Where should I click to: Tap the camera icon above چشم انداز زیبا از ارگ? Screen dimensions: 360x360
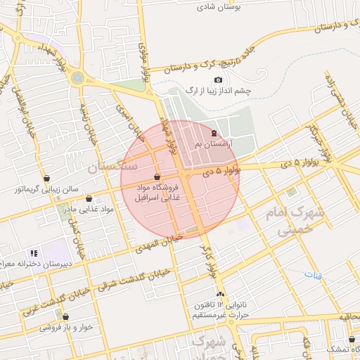pyautogui.click(x=218, y=80)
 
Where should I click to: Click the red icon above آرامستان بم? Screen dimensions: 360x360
pyautogui.click(x=214, y=133)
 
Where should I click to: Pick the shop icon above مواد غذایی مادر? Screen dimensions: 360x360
pyautogui.click(x=89, y=199)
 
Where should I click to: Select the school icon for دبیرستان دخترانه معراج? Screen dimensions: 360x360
pyautogui.click(x=33, y=253)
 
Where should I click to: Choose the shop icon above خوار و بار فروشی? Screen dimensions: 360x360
pyautogui.click(x=65, y=317)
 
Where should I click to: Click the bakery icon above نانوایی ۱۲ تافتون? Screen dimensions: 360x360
pyautogui.click(x=221, y=295)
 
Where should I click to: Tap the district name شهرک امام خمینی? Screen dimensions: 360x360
pyautogui.click(x=284, y=220)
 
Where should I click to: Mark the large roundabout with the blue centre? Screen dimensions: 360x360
pyautogui.click(x=77, y=77)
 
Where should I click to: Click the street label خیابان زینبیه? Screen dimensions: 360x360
pyautogui.click(x=85, y=120)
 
